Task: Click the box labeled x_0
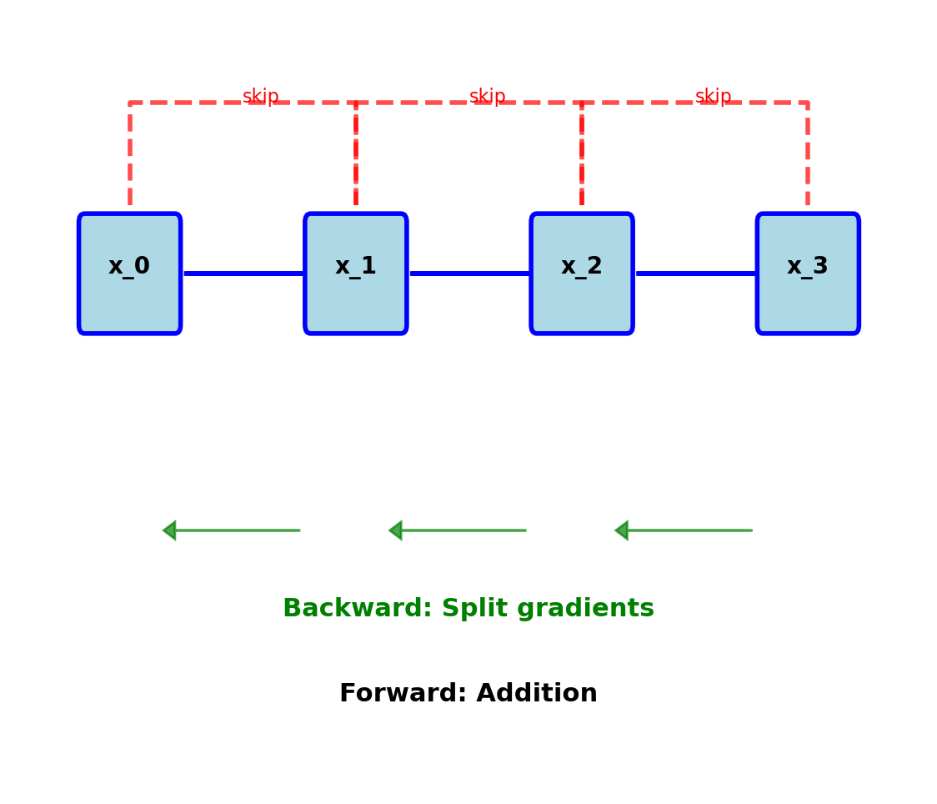(x=129, y=274)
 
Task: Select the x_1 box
(x=356, y=274)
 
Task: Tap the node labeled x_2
(x=582, y=274)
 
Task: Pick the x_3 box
(x=808, y=274)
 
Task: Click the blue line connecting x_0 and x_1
(x=243, y=273)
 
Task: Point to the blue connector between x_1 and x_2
(x=469, y=273)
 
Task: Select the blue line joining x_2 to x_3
(x=695, y=273)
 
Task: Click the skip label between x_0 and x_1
(x=261, y=97)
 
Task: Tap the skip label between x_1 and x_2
(x=488, y=97)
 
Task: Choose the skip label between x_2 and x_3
(x=714, y=97)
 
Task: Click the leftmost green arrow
(x=232, y=530)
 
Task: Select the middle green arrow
(x=458, y=530)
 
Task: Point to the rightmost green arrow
(x=684, y=530)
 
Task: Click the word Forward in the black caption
(x=393, y=694)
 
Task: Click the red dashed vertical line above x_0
(x=130, y=154)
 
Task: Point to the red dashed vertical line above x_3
(x=808, y=154)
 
